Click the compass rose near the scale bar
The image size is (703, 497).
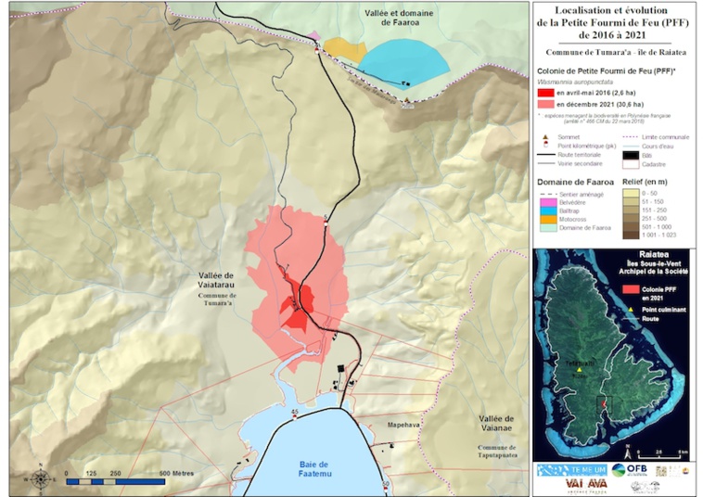(41, 478)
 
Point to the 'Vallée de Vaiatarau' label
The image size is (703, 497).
(224, 282)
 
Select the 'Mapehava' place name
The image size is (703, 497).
(404, 426)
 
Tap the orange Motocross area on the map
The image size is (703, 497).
(341, 49)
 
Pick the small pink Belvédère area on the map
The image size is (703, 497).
(315, 36)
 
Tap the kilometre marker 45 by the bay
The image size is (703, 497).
(294, 411)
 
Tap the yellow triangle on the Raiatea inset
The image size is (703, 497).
(579, 368)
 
